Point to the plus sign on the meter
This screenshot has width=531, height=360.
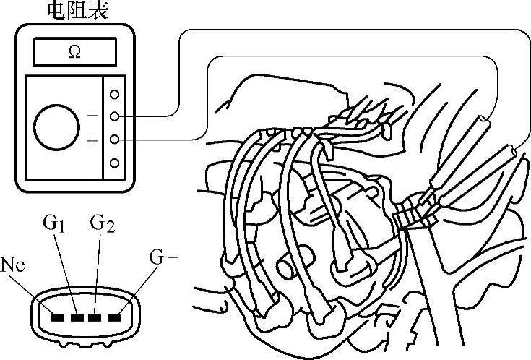coord(92,140)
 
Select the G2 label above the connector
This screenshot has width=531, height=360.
coord(102,223)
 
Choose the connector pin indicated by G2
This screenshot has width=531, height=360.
coord(95,317)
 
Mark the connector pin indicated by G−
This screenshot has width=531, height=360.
coord(114,317)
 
